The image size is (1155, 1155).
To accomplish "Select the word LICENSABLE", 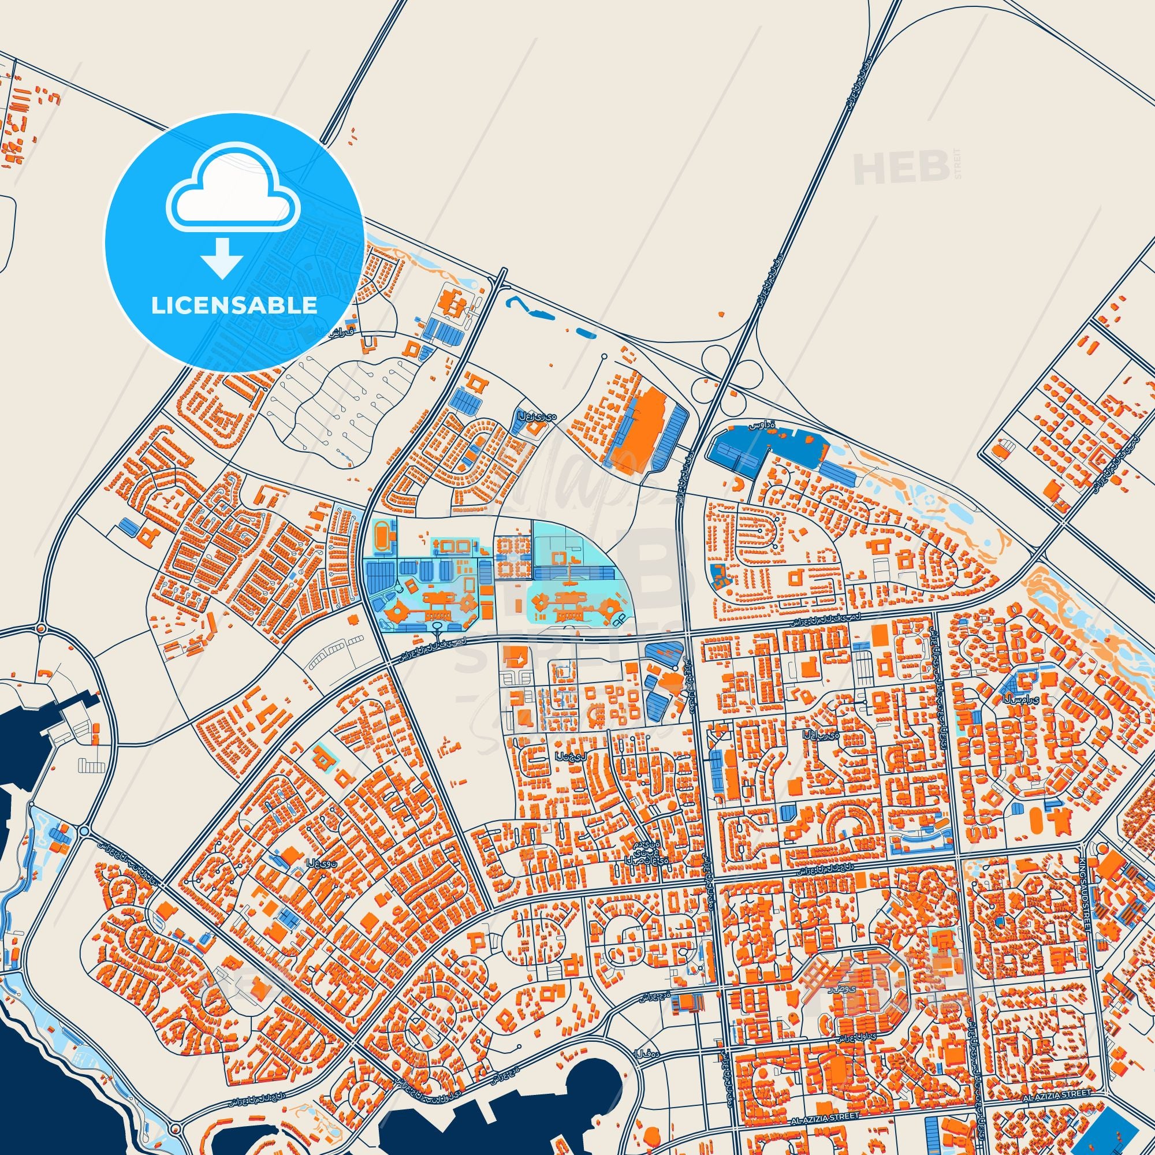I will pos(234,305).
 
